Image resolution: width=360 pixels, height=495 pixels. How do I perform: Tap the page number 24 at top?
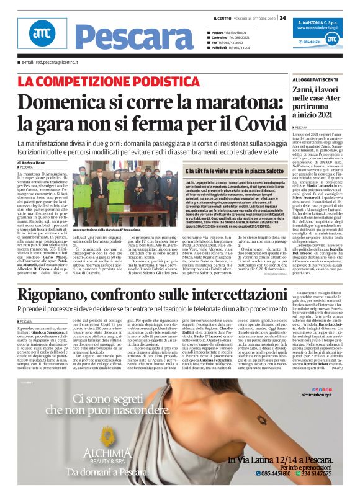tap(283, 17)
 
